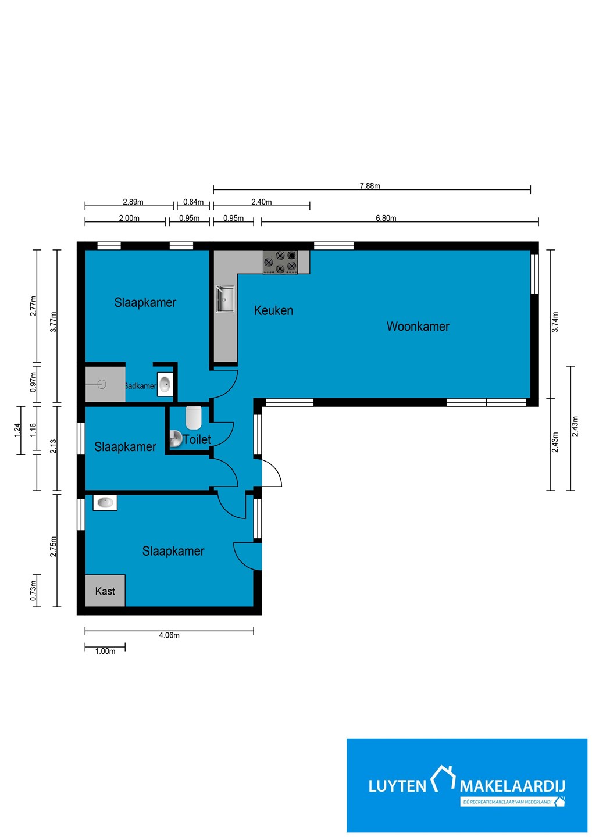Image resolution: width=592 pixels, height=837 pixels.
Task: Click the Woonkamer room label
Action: tap(418, 327)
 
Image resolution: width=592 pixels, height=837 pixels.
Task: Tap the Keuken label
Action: tap(273, 310)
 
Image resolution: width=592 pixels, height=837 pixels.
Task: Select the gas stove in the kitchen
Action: tap(280, 262)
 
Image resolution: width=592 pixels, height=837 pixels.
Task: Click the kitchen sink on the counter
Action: tap(225, 299)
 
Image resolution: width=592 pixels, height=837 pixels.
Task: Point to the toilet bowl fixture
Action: tap(194, 417)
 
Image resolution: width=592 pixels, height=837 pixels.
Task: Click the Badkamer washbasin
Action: tap(165, 384)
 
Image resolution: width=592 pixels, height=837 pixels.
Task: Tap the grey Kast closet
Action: tap(105, 591)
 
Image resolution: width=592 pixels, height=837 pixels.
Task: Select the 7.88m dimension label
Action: tap(370, 186)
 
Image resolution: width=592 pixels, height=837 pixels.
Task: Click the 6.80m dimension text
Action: tap(386, 218)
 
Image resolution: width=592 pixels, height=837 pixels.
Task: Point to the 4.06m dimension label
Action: tap(169, 635)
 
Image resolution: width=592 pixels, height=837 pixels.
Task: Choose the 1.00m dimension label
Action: tap(105, 651)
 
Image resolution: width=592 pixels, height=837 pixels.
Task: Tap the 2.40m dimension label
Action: tap(261, 202)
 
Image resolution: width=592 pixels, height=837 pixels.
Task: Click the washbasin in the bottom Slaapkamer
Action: tap(105, 503)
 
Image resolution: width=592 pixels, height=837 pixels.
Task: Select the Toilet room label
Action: tap(197, 439)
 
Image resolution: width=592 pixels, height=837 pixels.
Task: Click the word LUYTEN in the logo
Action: tap(397, 786)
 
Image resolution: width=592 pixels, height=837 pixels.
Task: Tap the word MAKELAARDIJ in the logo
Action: tap(512, 786)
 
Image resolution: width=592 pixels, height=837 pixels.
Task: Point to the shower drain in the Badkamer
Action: tap(102, 384)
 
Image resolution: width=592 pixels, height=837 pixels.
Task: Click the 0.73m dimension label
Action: tap(33, 591)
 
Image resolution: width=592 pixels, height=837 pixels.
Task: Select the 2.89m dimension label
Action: tap(133, 202)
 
